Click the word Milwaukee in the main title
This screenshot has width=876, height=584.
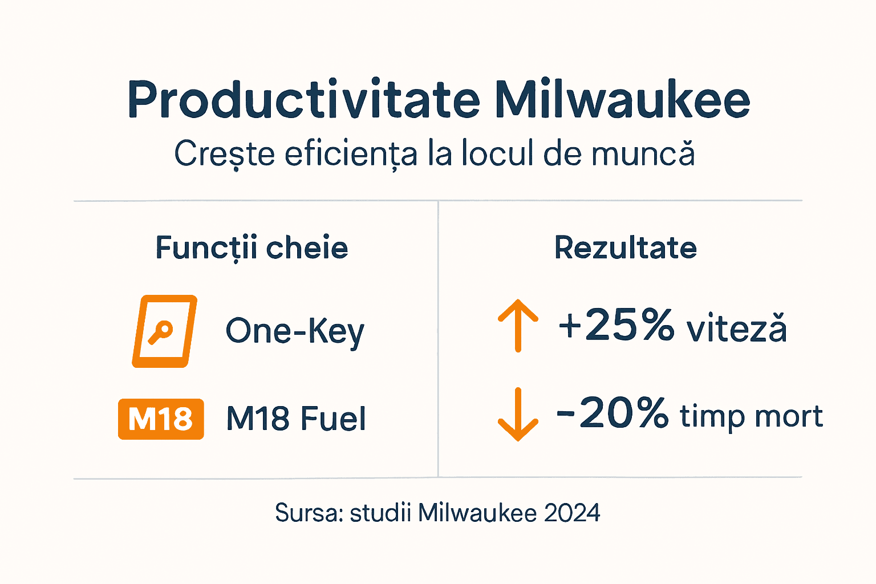coord(622,100)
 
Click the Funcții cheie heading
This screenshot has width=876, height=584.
coord(252,248)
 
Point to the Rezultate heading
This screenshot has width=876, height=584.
coord(626,248)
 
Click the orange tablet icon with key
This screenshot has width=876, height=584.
coord(164,331)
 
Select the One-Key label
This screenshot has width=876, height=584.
coord(295,331)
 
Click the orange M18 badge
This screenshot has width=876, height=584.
coord(161,419)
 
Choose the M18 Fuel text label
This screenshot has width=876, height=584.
coord(296,419)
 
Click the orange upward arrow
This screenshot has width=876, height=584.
coord(518,326)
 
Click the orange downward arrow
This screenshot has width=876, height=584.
coord(518,415)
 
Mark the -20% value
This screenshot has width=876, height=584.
coord(612,413)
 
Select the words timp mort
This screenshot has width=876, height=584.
coord(751,416)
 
